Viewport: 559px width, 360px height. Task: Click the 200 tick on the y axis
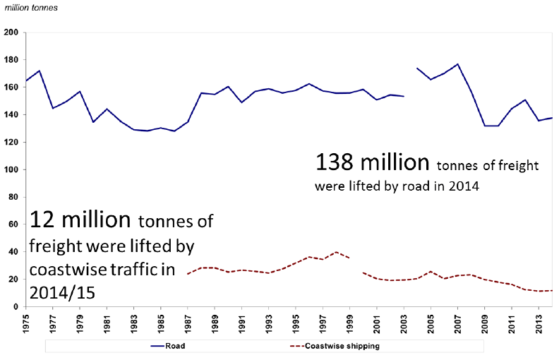click(12, 32)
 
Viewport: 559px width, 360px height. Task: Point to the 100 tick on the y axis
click(12, 169)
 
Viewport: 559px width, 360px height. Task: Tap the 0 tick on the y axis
click(16, 306)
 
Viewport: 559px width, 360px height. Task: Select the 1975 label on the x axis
click(26, 320)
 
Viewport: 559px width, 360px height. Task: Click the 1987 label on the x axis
click(188, 320)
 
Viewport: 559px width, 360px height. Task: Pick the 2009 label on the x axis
click(485, 320)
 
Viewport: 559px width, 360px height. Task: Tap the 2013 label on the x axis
click(539, 320)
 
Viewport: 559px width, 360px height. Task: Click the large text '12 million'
click(80, 220)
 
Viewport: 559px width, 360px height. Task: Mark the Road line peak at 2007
click(458, 64)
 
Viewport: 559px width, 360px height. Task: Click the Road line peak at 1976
click(40, 71)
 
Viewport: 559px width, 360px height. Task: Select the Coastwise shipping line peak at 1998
click(336, 252)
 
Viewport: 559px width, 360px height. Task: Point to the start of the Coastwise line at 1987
click(188, 273)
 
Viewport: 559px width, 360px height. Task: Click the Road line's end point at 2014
click(552, 117)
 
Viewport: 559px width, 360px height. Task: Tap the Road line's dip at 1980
click(94, 122)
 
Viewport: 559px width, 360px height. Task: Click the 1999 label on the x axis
click(350, 320)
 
